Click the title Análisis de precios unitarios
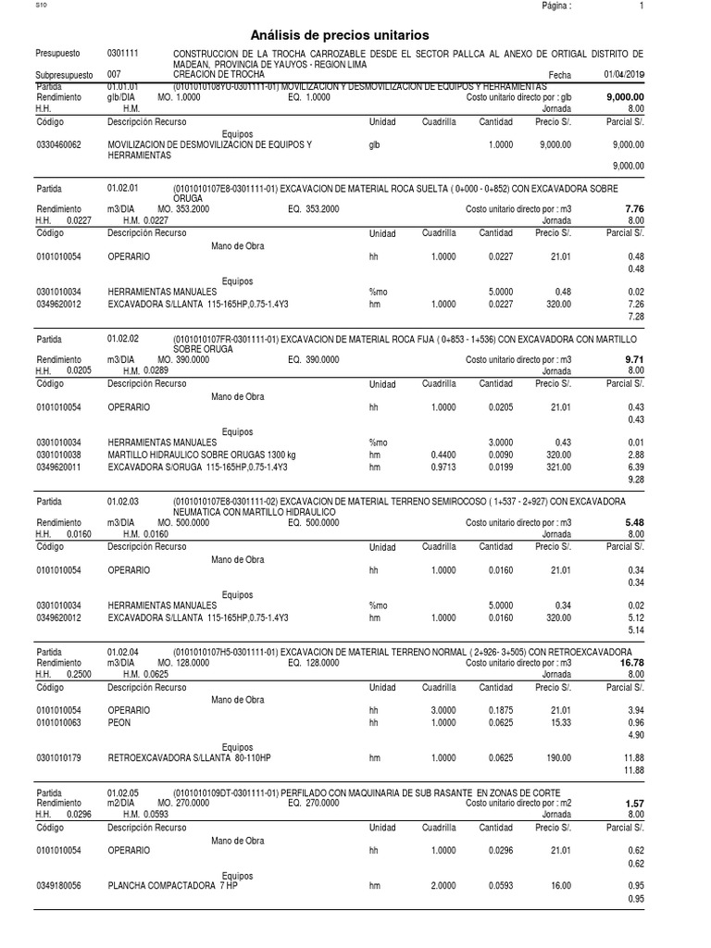(355, 34)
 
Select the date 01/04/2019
(625, 74)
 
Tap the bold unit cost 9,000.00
(626, 96)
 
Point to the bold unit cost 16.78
(632, 663)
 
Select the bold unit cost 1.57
(635, 804)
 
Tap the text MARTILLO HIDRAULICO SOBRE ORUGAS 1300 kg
(202, 455)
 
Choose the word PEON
(118, 722)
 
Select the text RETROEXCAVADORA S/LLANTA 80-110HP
(189, 757)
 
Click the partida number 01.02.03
(123, 501)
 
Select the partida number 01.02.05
(123, 793)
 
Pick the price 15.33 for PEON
(559, 722)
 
